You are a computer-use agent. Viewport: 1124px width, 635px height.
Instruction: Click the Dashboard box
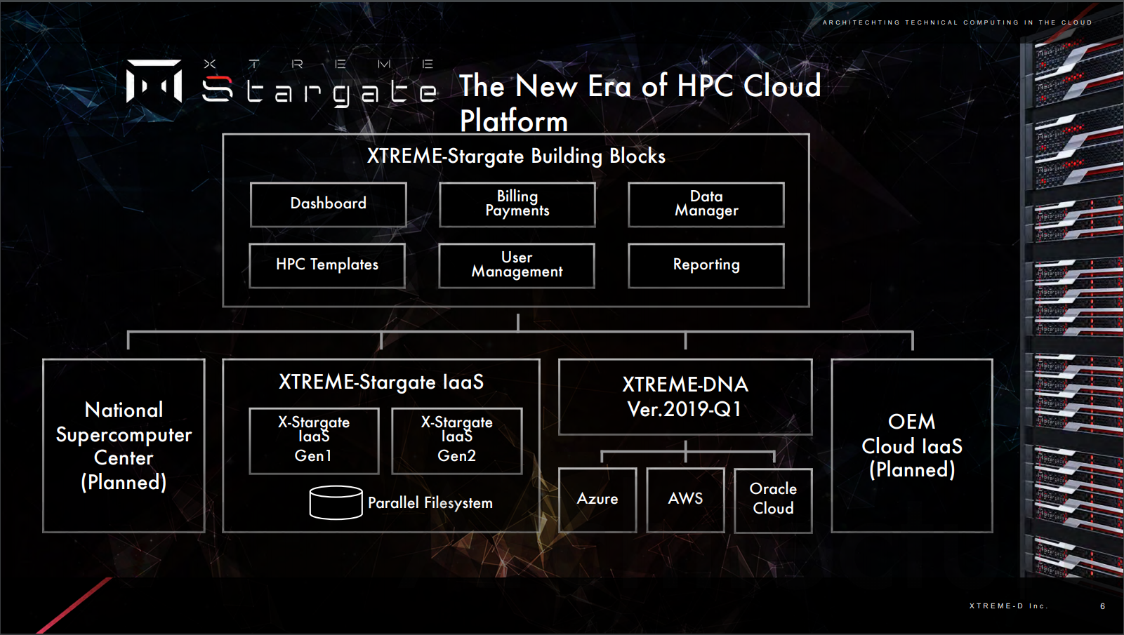point(328,205)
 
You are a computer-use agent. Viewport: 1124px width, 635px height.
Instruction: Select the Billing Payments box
point(517,205)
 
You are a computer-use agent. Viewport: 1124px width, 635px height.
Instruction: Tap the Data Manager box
point(706,205)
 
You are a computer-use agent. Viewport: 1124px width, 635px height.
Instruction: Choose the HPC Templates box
point(327,266)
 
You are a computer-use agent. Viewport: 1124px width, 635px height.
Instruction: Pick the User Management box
point(517,266)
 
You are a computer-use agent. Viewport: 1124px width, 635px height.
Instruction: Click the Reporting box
point(706,266)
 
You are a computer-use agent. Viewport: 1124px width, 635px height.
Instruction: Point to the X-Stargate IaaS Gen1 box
point(314,441)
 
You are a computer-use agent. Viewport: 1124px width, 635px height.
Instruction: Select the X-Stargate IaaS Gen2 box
point(456,441)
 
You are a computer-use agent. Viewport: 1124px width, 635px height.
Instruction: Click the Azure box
point(597,500)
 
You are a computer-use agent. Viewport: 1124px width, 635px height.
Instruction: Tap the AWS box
point(685,500)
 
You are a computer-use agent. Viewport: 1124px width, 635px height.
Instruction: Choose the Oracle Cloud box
point(773,500)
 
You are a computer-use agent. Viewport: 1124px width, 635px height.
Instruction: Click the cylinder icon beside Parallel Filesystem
point(336,502)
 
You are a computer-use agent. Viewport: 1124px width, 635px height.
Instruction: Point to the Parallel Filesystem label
point(430,502)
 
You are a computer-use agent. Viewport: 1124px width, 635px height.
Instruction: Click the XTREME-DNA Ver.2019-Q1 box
point(685,396)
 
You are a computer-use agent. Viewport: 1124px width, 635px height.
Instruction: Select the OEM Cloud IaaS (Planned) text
point(912,446)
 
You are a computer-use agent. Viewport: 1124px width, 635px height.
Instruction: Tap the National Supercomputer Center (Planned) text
point(124,446)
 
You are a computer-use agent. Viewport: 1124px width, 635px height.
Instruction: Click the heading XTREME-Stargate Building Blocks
point(516,156)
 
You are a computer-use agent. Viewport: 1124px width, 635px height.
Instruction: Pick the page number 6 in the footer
point(1102,606)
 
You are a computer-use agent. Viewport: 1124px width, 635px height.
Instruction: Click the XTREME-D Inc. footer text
point(1009,606)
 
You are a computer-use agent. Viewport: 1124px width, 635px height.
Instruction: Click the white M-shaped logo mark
point(154,81)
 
